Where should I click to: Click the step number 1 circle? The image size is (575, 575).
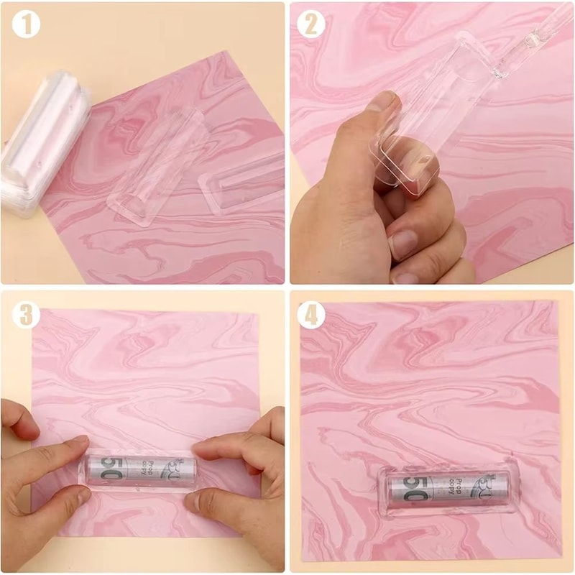(26, 25)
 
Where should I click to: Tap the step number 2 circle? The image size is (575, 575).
(310, 24)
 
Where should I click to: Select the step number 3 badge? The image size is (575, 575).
(26, 314)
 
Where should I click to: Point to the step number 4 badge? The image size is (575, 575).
(310, 315)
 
